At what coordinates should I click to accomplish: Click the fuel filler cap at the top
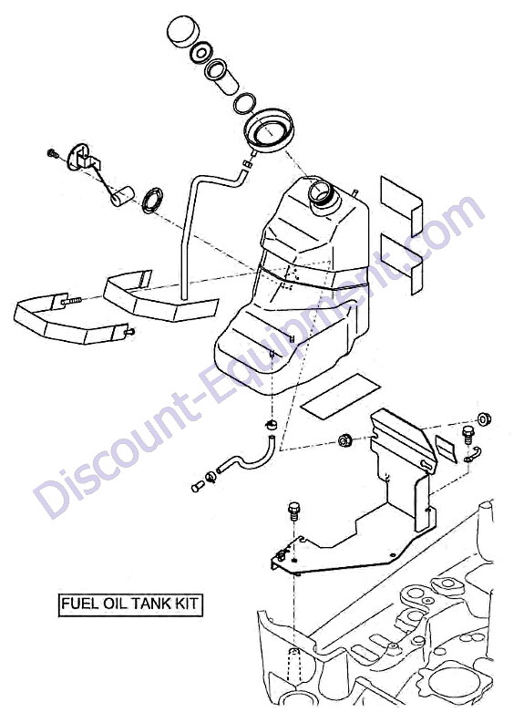pos(183,31)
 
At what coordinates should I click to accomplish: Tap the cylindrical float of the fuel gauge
pos(122,196)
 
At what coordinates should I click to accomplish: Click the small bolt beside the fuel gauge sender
pos(53,153)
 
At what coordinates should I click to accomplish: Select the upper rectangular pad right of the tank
pos(401,205)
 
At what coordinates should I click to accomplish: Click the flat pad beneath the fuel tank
pos(341,397)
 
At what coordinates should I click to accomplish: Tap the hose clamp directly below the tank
pos(272,424)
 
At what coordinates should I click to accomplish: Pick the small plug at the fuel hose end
pos(197,486)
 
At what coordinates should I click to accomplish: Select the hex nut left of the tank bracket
pos(345,440)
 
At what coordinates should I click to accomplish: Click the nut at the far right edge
pos(484,419)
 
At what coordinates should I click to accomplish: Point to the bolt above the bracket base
pos(293,511)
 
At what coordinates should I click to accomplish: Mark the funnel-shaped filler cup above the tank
pos(270,132)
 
